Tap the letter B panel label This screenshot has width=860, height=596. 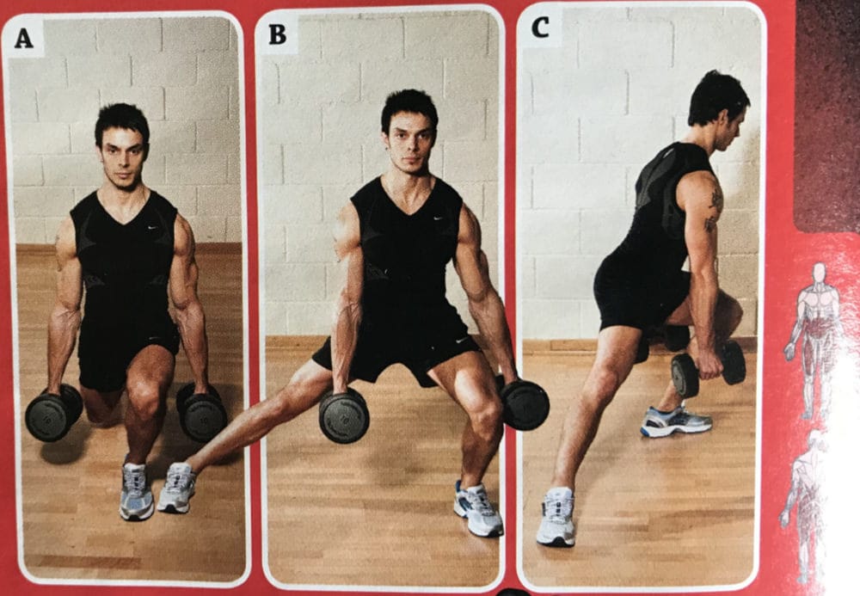coord(277,34)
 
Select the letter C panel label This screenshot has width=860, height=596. coord(540,28)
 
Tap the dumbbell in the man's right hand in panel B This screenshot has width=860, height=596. coord(344,415)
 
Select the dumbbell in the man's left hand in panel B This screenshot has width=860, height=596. coord(524,404)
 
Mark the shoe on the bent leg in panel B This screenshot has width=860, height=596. coord(478,509)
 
